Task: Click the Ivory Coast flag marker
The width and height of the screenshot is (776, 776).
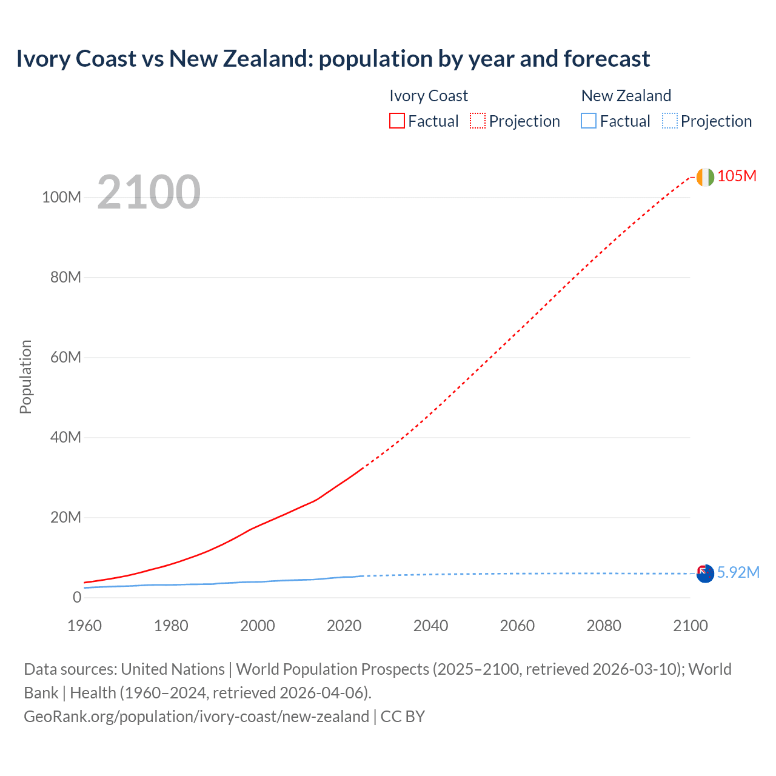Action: click(705, 177)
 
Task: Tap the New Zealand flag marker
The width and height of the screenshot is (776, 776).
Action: click(705, 574)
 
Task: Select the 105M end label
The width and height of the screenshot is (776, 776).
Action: click(737, 176)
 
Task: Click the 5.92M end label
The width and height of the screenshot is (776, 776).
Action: click(738, 572)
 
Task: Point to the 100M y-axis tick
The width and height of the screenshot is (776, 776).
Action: click(61, 197)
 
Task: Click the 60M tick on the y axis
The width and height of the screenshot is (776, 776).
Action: click(65, 357)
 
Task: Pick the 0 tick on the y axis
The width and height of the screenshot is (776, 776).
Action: click(76, 597)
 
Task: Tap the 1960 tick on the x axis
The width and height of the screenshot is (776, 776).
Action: click(84, 626)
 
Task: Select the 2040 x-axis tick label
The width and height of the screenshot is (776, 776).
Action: click(430, 626)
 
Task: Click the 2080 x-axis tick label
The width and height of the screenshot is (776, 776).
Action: click(604, 626)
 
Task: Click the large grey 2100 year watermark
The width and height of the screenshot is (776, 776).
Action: click(149, 192)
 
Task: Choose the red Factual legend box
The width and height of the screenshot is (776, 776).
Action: click(396, 121)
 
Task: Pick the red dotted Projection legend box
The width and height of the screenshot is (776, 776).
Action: click(477, 121)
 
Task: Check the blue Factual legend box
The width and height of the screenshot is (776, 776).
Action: click(588, 121)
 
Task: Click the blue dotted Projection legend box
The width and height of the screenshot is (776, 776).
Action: click(669, 121)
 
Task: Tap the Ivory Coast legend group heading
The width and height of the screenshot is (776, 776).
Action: click(428, 96)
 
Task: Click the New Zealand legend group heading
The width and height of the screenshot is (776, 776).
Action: click(626, 96)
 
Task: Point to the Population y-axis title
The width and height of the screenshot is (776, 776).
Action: click(25, 376)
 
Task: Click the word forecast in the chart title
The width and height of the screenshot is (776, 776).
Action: click(606, 59)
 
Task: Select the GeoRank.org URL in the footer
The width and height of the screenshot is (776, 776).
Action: click(196, 716)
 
